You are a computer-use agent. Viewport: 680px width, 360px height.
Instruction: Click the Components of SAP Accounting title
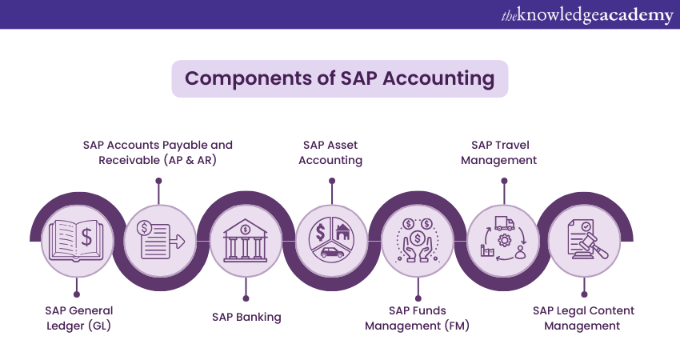340,78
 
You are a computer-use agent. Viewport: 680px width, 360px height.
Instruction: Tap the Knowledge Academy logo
586,14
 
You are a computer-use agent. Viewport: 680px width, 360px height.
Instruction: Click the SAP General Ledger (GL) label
78,318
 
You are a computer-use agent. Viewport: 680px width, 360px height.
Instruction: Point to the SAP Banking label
246,317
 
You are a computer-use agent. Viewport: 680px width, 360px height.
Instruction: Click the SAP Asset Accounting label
330,152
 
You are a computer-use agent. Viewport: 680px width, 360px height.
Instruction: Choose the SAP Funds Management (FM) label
417,318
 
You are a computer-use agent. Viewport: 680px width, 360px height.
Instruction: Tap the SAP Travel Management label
503,152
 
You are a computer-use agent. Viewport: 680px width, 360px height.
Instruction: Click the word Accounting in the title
438,78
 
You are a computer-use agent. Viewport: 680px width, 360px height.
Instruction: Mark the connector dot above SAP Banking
245,294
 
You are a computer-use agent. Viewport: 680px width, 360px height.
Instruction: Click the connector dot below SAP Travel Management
503,181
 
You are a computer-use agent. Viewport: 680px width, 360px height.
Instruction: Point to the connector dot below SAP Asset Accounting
331,181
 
